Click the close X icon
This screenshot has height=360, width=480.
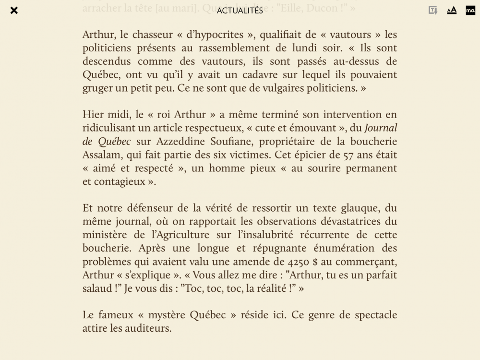14,10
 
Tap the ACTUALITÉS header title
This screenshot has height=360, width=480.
240,11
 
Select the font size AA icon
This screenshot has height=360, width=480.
452,10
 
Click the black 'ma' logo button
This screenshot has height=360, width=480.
470,10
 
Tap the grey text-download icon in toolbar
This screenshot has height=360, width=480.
433,10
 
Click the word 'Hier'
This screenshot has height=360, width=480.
93,115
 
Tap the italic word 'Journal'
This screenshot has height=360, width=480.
381,128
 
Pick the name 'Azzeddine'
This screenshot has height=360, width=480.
180,142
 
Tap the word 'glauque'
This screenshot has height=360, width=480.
360,208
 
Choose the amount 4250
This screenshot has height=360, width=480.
299,262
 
